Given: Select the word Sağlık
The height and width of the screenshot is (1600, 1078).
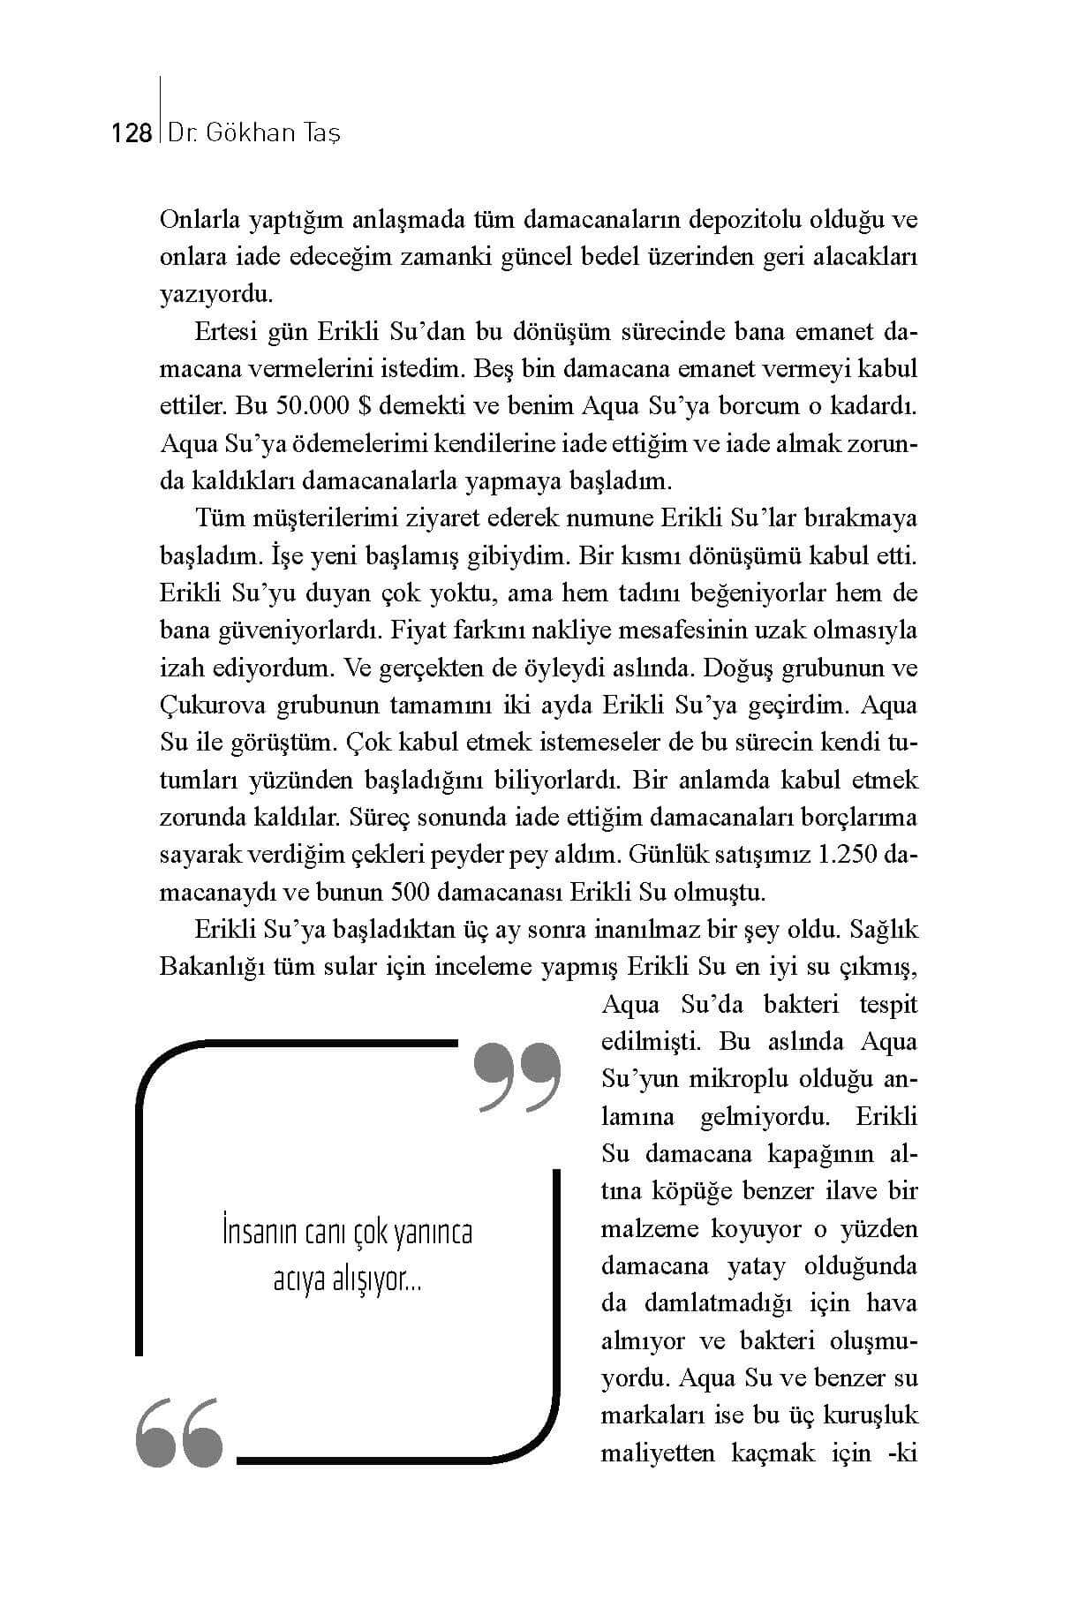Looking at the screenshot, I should click(x=884, y=929).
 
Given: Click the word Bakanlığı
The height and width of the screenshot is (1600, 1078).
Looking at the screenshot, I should click(x=213, y=966).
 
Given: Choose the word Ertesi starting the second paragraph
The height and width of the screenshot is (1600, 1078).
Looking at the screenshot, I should click(x=225, y=331).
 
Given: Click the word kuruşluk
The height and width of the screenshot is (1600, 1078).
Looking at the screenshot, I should click(x=870, y=1415).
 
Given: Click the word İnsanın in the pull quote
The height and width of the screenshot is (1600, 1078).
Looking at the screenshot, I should click(x=261, y=1231).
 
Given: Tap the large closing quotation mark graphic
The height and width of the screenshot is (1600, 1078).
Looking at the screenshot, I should click(x=517, y=1076).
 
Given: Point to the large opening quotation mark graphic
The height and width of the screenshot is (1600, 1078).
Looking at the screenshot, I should click(x=180, y=1432).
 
